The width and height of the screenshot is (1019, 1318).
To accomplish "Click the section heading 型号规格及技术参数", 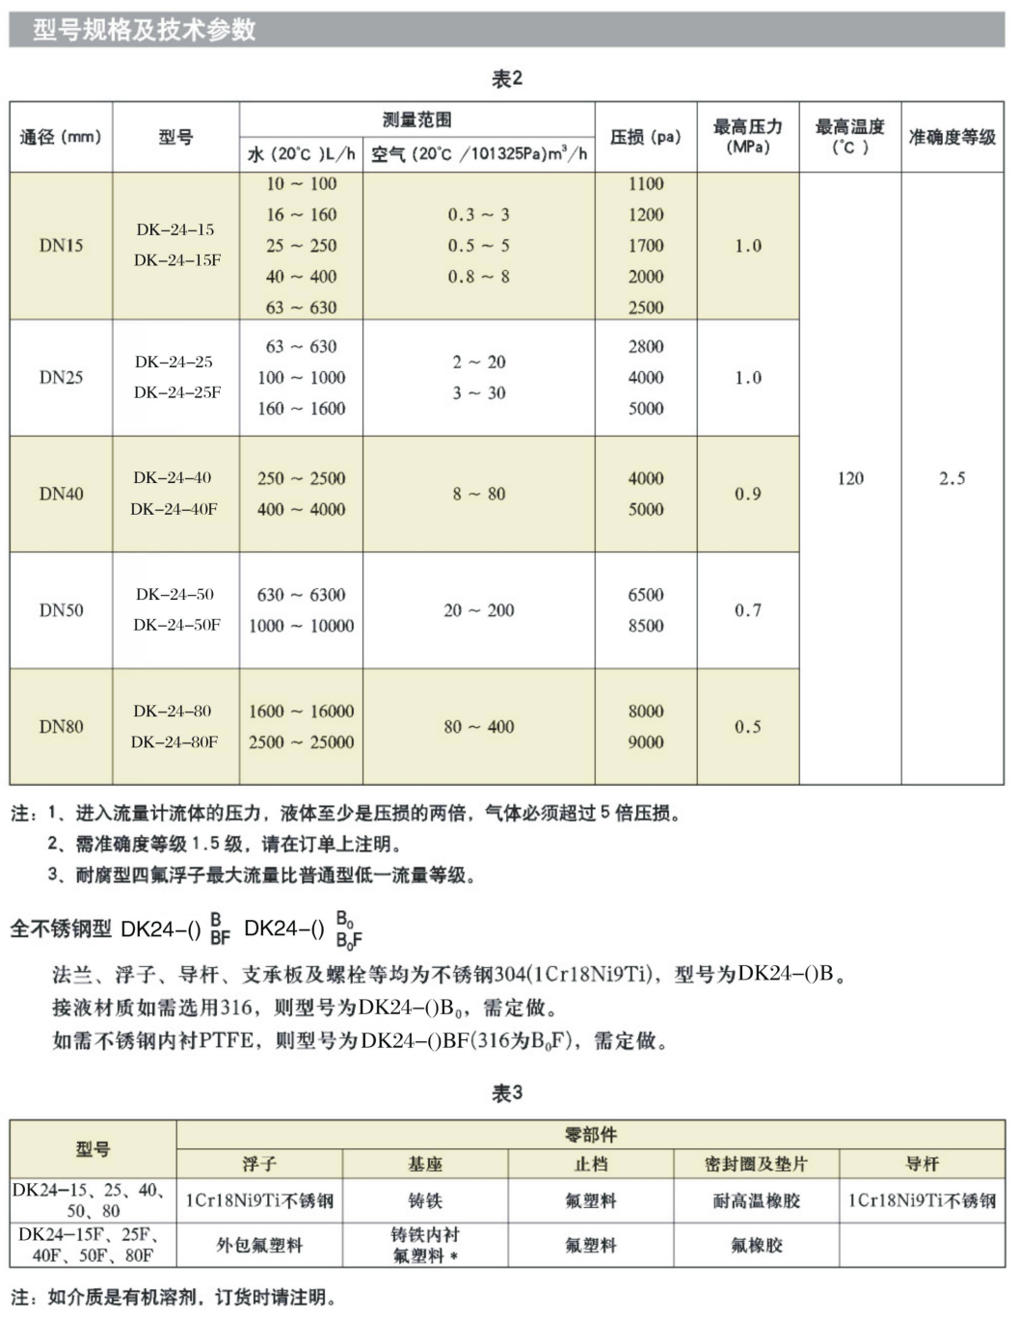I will pos(145,30).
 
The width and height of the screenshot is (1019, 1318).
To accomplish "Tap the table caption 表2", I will pos(507,79).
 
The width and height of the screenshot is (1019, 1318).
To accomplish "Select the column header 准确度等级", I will pos(952,137).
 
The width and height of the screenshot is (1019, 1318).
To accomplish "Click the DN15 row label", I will pos(61,246).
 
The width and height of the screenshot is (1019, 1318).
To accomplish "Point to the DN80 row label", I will pos(61,727).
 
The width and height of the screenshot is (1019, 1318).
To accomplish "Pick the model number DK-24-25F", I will pos(176,392).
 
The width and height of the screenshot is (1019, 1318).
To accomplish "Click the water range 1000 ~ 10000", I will pos(301,626).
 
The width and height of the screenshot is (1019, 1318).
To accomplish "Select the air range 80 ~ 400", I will pos(478,727).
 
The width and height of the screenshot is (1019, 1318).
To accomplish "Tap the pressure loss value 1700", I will pos(646,246).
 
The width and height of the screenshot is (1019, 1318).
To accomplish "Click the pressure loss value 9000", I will pos(646,742).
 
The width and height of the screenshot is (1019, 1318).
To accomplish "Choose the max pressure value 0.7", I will pos(747,610).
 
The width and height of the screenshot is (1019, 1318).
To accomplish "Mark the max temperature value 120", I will pos(850,478).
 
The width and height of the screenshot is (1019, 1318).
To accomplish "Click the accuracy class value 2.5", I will pos(952,478).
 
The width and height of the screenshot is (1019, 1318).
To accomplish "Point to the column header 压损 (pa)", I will pos(645,137).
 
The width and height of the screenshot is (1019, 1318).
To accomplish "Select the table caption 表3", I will pos(507,1092).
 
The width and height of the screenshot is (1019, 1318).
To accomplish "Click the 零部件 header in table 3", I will pos(590,1135).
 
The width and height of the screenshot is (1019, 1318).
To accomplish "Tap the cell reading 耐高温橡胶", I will pos(756,1201).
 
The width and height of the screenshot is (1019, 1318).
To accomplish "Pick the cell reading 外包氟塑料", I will pos(259,1245).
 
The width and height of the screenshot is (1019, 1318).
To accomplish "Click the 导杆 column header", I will pos(922,1165).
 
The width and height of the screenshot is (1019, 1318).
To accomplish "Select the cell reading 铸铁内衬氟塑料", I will pos(424,1245).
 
